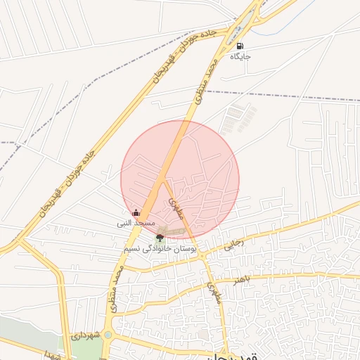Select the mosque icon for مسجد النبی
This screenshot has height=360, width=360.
[x=136, y=212]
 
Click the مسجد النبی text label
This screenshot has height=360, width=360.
[x=136, y=223]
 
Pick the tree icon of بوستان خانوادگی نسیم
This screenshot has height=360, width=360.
[x=160, y=238]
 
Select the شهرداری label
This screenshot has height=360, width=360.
[x=87, y=336]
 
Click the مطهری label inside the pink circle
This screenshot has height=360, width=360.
[x=171, y=204]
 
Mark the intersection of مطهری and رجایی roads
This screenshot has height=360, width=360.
[x=202, y=255]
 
